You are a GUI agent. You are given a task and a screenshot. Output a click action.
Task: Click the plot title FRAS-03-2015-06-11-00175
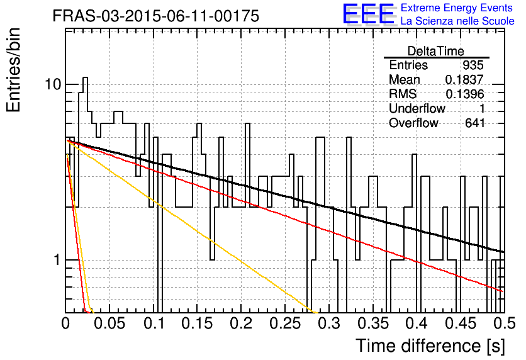tap(156, 16)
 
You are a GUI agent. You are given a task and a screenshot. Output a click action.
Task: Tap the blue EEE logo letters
tap(368, 14)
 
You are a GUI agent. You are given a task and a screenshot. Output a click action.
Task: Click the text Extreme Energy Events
tap(457, 8)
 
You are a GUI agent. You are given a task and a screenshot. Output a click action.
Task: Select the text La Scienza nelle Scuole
tap(457, 21)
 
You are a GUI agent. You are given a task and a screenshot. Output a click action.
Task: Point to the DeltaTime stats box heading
tap(436, 51)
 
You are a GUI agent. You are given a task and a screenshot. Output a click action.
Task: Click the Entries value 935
tap(473, 65)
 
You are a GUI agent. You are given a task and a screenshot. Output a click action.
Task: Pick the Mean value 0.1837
tap(464, 79)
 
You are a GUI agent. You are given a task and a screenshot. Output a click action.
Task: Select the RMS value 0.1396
tap(464, 94)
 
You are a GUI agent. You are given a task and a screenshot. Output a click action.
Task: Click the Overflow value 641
tap(474, 123)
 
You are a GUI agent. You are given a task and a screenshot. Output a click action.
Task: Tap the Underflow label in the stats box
tap(417, 108)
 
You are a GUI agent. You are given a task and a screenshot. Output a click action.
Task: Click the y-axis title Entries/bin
tap(13, 70)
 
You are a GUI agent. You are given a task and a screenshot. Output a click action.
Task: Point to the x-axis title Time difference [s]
tap(430, 346)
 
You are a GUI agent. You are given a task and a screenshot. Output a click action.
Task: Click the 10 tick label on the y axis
tap(53, 84)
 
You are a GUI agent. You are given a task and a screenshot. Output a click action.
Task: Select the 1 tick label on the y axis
tap(57, 260)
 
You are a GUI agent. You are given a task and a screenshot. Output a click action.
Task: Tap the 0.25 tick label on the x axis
tap(285, 323)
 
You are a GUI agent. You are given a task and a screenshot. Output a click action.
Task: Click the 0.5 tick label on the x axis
tap(504, 323)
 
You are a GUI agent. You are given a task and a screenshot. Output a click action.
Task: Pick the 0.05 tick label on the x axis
tap(109, 323)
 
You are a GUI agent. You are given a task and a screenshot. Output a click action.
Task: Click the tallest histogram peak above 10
tap(85, 78)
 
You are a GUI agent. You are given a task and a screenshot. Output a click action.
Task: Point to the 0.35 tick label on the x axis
tap(373, 323)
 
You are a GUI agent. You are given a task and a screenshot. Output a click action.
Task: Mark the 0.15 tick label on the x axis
tap(198, 323)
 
